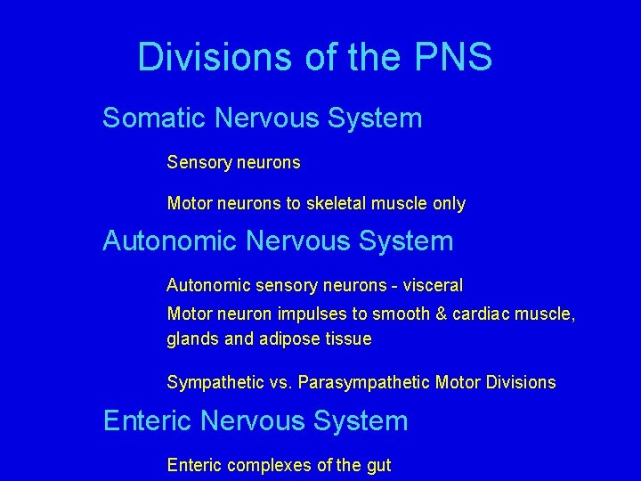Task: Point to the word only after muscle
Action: (x=448, y=204)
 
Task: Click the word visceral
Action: (x=433, y=286)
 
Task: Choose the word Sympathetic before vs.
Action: (x=215, y=383)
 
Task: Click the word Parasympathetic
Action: (x=364, y=383)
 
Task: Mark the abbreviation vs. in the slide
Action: (x=281, y=383)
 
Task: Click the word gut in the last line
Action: (x=377, y=466)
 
